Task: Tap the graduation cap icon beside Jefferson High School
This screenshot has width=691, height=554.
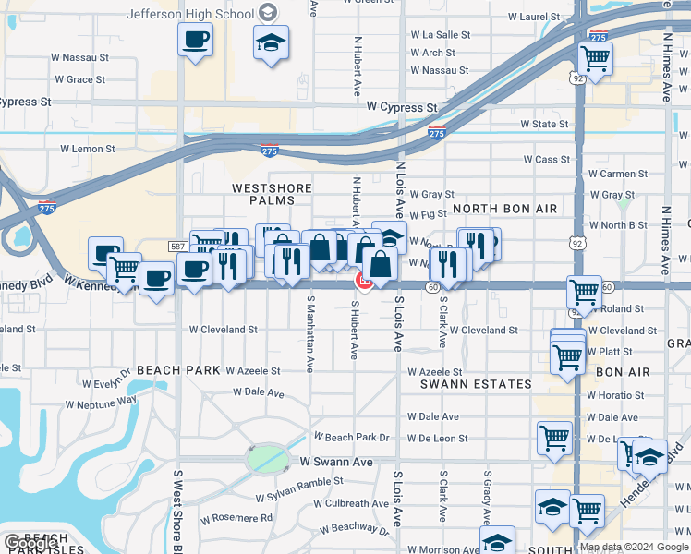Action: pos(271,42)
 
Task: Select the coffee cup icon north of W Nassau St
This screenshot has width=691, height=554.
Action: pos(196,40)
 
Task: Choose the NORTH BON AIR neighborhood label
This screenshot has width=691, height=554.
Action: pos(504,209)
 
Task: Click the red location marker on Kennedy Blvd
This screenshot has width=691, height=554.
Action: pos(364,282)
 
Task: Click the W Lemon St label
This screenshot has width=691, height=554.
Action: pos(88,148)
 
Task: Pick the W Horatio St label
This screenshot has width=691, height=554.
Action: pos(614,394)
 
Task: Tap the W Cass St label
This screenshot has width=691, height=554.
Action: pos(547,160)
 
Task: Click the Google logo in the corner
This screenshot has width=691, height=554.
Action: pos(30,544)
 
